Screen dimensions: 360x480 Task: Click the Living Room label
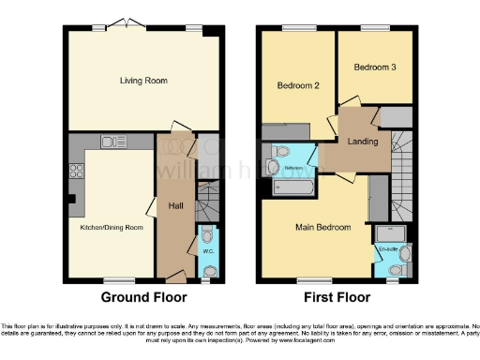tap(143, 82)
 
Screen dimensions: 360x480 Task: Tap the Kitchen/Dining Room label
tap(112, 227)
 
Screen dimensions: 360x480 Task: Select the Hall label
tap(174, 205)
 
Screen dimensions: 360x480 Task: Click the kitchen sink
tap(114, 142)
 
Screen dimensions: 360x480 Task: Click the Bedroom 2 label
tap(299, 85)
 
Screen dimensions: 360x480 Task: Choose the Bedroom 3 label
tap(373, 67)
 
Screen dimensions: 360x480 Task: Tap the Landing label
tap(363, 142)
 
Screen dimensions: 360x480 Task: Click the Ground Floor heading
tap(143, 297)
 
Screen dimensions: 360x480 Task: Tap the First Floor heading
tap(337, 297)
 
